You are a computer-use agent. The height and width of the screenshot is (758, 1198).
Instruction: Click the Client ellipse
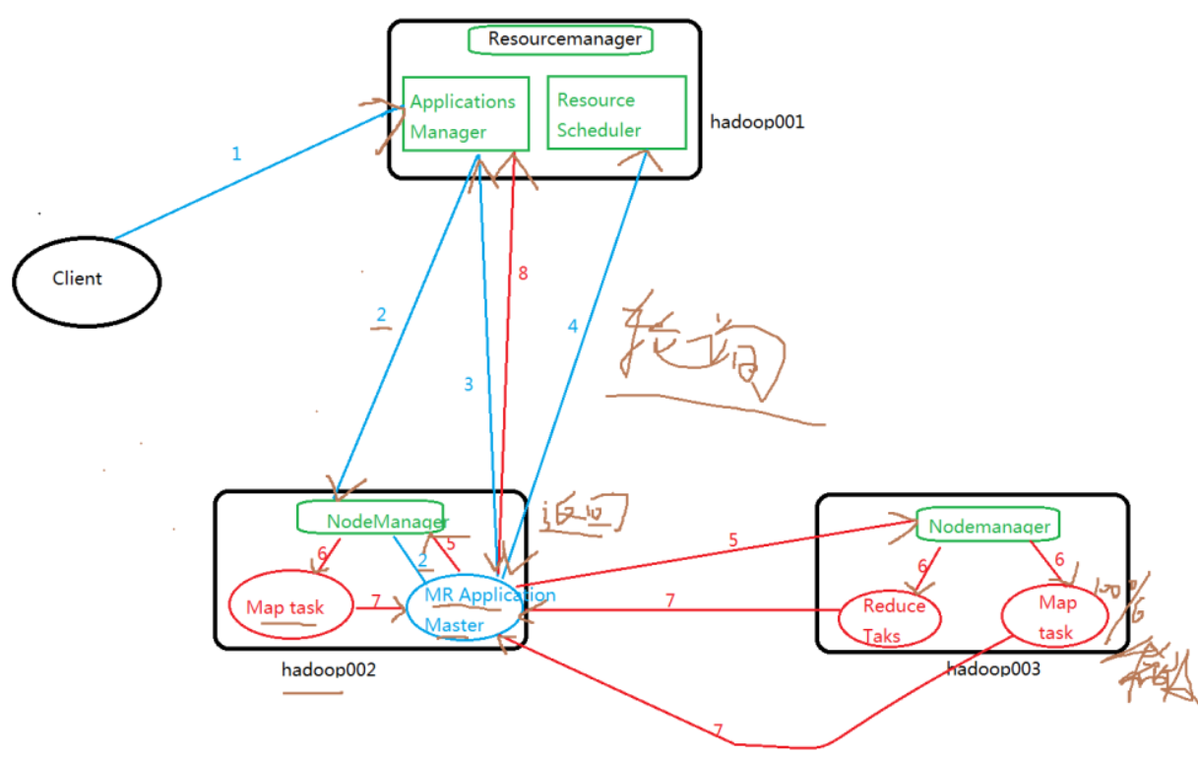click(87, 279)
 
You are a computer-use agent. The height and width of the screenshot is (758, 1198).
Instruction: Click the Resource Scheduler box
click(615, 114)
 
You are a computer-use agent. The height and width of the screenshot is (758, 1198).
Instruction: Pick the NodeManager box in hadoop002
click(373, 519)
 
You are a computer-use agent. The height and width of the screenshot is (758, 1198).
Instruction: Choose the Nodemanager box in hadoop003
click(987, 526)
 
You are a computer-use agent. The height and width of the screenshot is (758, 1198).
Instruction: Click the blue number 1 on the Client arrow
click(235, 154)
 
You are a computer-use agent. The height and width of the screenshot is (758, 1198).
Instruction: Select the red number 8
click(523, 274)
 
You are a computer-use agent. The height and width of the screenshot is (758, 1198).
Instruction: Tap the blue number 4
click(572, 325)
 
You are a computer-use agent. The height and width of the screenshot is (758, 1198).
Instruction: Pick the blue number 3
click(469, 384)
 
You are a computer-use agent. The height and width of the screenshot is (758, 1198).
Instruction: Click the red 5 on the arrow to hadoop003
click(733, 539)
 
